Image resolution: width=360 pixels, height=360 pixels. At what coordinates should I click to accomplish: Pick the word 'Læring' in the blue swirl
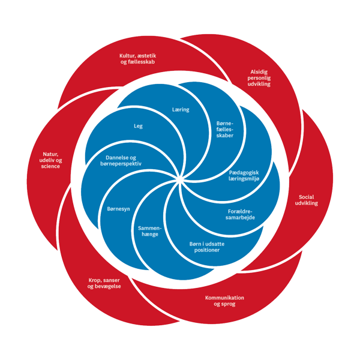tap(181, 110)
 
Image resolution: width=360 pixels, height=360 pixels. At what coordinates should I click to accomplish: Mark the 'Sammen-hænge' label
tap(149, 233)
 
